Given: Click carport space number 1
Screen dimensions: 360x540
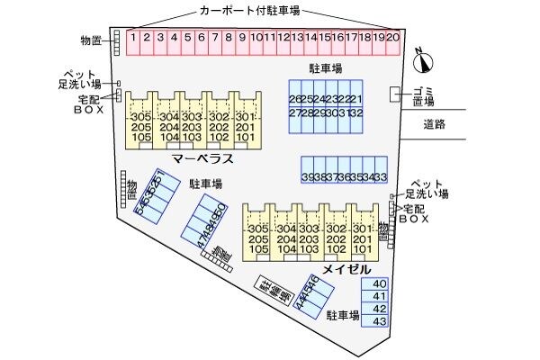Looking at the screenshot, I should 132,38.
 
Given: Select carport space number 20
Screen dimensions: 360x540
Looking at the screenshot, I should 393,38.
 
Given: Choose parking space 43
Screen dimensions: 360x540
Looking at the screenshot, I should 379,321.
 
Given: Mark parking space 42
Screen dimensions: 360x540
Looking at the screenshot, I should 379,309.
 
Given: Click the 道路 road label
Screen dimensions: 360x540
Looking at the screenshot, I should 435,125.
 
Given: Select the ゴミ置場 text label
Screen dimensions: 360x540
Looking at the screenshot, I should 423,97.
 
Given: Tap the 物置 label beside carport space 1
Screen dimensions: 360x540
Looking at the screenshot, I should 91,40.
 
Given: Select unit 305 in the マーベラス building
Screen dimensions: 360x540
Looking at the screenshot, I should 140,118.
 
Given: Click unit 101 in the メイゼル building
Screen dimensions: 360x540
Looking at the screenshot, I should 362,251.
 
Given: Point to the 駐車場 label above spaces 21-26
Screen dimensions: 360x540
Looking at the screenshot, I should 326,68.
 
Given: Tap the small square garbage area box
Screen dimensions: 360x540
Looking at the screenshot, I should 396,94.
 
